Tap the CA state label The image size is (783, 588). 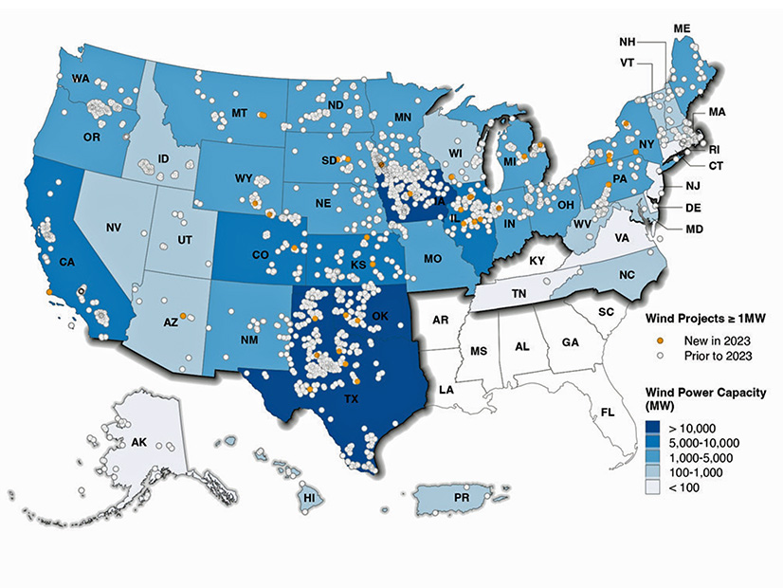[x=66, y=261]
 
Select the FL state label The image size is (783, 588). [x=607, y=412]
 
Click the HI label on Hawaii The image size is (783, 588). [x=308, y=496]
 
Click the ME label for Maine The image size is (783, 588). [x=681, y=28]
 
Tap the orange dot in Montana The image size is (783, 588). [x=263, y=115]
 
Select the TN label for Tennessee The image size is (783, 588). [x=519, y=295]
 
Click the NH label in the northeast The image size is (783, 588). [x=627, y=43]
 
